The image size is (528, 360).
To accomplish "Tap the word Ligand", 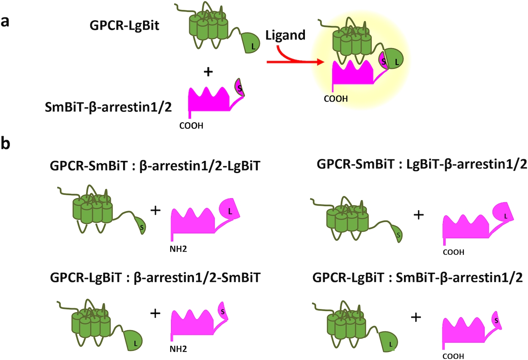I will [285, 35].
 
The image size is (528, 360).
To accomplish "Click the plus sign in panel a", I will [207, 72].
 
